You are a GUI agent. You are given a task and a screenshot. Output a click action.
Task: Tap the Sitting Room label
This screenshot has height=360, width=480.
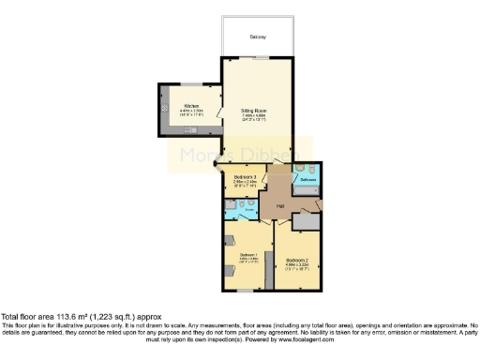[256, 110]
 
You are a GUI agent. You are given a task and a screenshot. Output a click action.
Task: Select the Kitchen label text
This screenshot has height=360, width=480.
[190, 106]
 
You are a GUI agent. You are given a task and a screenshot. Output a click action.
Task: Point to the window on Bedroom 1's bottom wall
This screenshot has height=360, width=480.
[246, 293]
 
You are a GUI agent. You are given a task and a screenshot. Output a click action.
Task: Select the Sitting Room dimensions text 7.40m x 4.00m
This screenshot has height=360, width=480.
[256, 115]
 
